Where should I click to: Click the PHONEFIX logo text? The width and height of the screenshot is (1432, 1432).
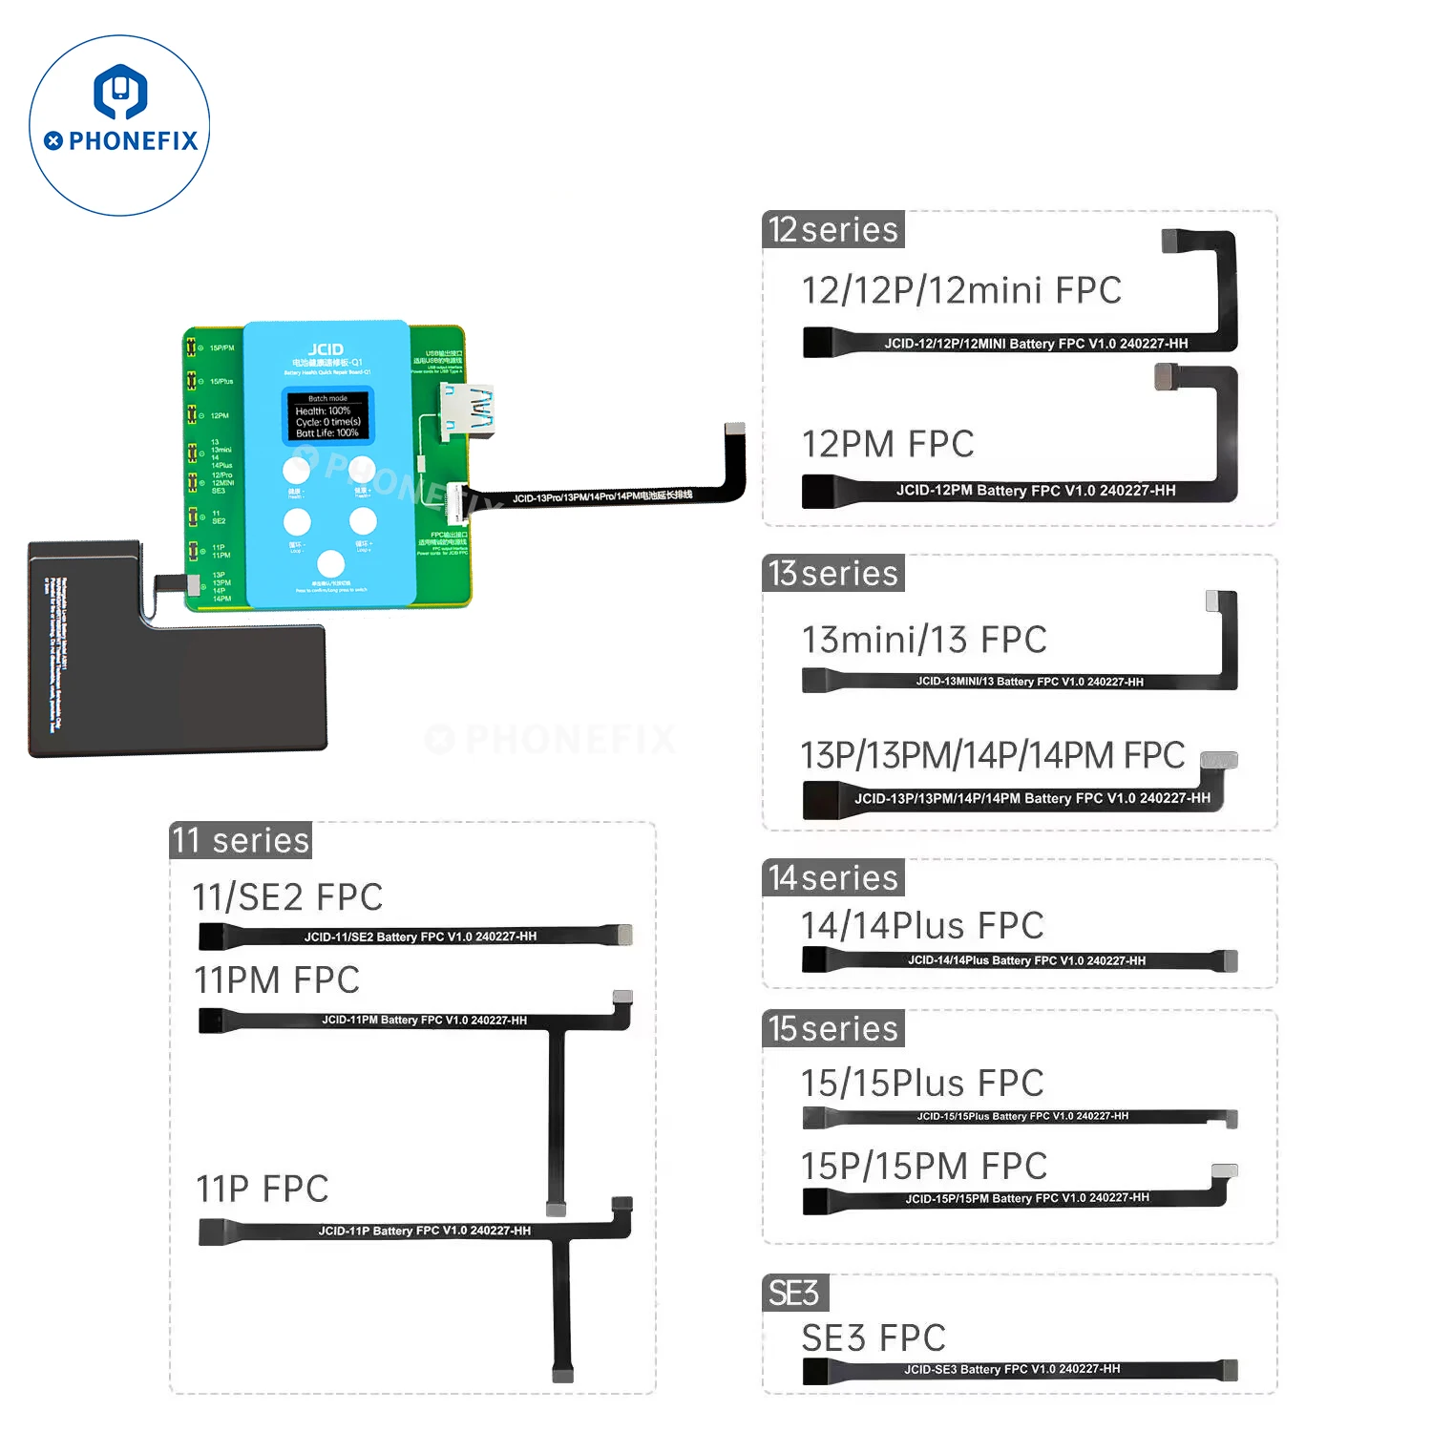point(133,141)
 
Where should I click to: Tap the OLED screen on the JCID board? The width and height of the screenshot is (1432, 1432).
point(327,416)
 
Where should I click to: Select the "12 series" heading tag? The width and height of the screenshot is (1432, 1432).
point(833,230)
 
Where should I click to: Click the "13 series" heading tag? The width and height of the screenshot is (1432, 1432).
point(833,574)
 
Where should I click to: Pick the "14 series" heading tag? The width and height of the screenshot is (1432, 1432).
point(833,878)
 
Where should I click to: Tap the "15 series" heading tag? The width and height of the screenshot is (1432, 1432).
point(833,1029)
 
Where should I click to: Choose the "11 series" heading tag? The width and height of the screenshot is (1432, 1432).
point(241,841)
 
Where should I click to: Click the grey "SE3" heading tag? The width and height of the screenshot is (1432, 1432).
point(794,1294)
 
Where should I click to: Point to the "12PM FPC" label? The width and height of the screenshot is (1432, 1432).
point(888,445)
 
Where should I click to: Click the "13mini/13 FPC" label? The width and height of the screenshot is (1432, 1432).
point(924,641)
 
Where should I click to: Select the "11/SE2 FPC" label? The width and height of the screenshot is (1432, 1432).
point(287,897)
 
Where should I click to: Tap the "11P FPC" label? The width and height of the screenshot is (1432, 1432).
point(263,1190)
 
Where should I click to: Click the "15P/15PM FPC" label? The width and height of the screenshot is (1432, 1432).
point(924,1167)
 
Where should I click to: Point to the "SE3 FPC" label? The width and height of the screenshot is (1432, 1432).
point(874,1338)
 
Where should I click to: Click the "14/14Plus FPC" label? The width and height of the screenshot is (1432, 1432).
point(922,926)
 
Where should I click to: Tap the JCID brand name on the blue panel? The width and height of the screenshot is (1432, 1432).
point(326,349)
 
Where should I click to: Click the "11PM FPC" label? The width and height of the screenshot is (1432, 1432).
point(277,980)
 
